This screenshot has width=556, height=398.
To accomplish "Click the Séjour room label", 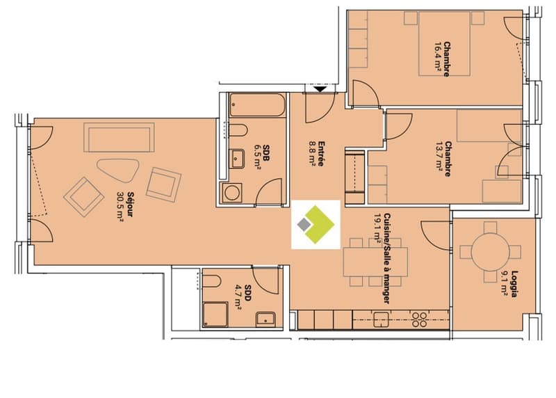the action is [130, 205].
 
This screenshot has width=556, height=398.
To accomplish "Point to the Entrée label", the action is [321, 154].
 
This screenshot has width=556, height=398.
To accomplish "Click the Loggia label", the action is [514, 283].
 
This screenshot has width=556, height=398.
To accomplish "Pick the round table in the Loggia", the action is [491, 252].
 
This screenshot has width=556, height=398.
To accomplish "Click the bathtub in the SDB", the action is [257, 105].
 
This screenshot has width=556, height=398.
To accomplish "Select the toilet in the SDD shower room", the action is [212, 282].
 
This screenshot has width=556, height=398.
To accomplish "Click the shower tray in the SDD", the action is [215, 315].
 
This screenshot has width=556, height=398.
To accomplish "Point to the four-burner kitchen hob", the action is [420, 319].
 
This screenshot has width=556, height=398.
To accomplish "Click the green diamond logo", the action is [316, 224].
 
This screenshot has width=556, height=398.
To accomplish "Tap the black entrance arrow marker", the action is [320, 89].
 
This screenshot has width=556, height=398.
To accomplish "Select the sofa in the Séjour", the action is [119, 137].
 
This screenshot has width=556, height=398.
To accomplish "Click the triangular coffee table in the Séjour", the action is [118, 170].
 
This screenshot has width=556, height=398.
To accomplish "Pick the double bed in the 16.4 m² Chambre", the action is [445, 43].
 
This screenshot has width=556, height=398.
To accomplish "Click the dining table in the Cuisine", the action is [375, 262].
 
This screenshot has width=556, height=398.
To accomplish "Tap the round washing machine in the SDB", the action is [231, 193].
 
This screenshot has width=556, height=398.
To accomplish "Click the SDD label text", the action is [248, 293].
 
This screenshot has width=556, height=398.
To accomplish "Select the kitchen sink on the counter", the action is [381, 319].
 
